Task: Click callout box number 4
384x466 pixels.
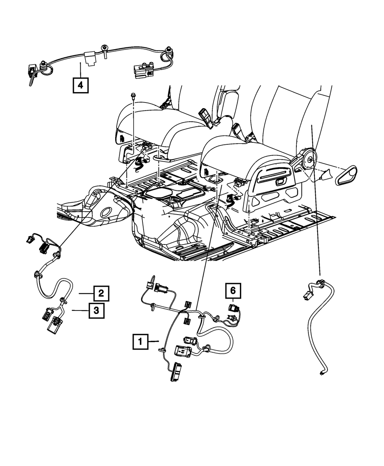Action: click(x=80, y=85)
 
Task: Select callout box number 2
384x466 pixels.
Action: click(x=100, y=294)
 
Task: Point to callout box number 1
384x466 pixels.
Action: click(x=141, y=341)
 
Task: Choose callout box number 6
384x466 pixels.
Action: click(x=233, y=291)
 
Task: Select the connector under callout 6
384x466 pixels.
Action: click(x=233, y=308)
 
